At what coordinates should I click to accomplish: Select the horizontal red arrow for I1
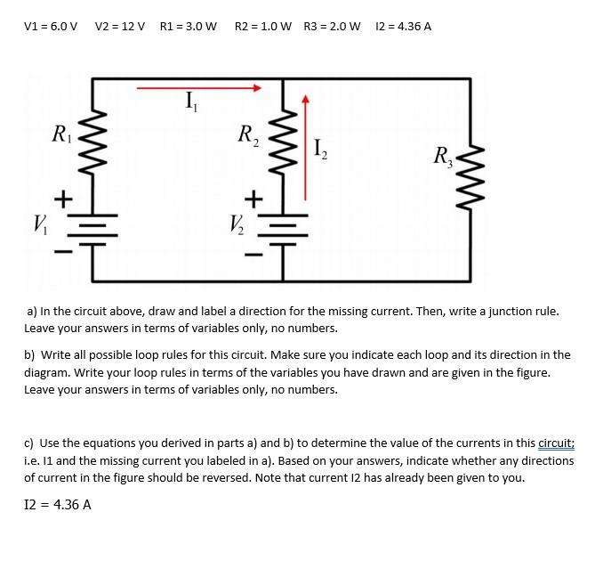(199, 88)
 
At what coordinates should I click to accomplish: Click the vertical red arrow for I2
(304, 147)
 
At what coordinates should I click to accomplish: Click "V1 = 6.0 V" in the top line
(52, 26)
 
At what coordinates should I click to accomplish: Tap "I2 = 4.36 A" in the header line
(404, 26)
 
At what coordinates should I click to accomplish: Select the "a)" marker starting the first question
(32, 312)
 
